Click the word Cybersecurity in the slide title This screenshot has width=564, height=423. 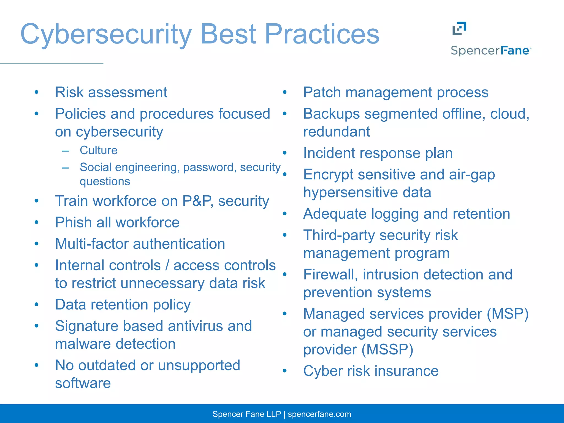106,34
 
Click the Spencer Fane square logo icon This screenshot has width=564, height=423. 459,28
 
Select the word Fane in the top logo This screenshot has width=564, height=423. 514,51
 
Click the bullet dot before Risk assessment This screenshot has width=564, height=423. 36,92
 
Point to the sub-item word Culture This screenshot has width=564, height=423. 99,150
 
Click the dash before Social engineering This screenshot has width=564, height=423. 65,167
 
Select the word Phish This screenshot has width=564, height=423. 73,223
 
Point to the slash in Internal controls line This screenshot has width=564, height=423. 167,265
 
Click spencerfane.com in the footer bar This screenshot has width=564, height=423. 319,414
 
